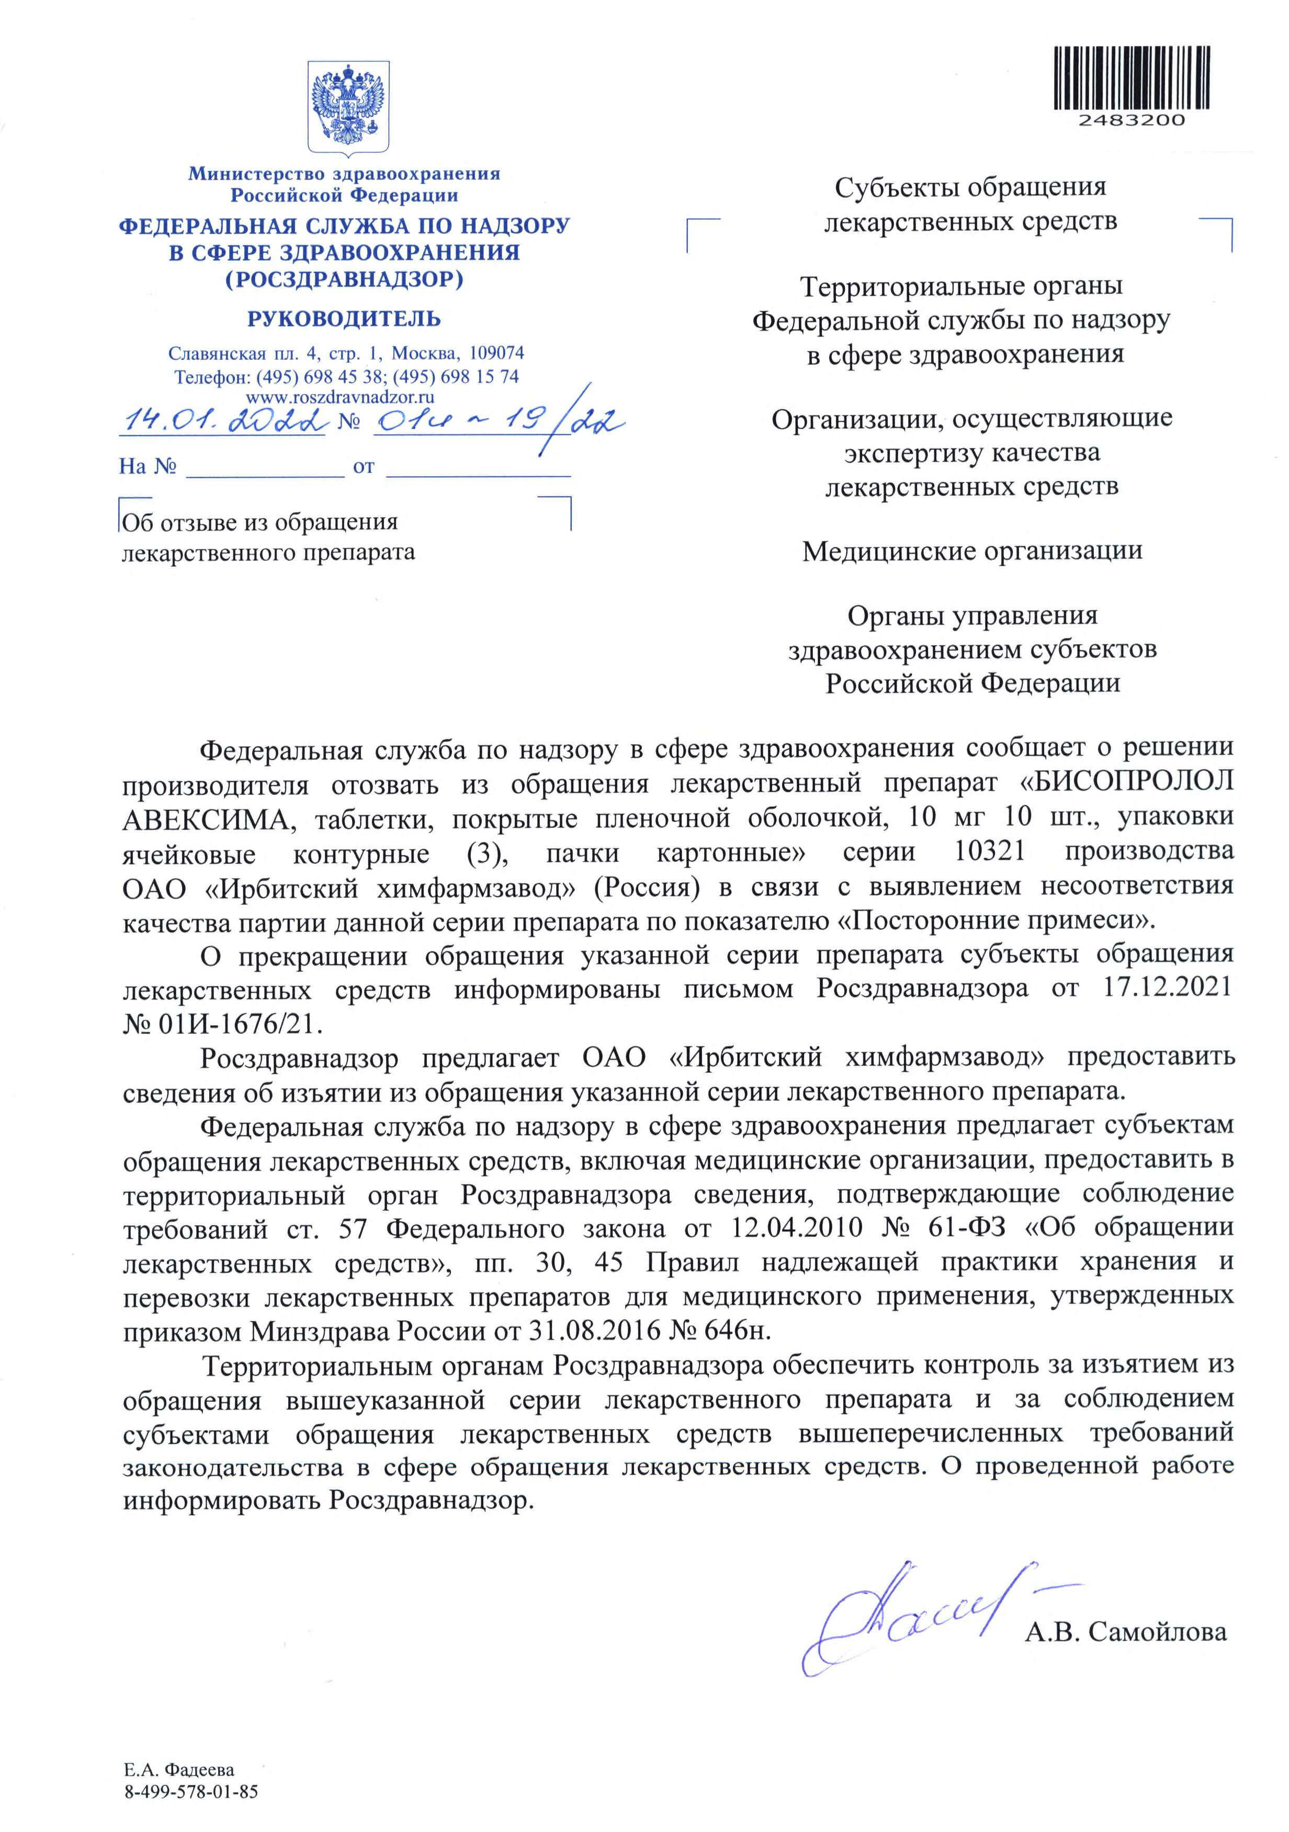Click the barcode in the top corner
pyautogui.click(x=1131, y=78)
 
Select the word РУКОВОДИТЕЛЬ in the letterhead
pyautogui.click(x=344, y=319)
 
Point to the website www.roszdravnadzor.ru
pyautogui.click(x=340, y=397)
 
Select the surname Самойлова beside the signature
pyautogui.click(x=1157, y=1632)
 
